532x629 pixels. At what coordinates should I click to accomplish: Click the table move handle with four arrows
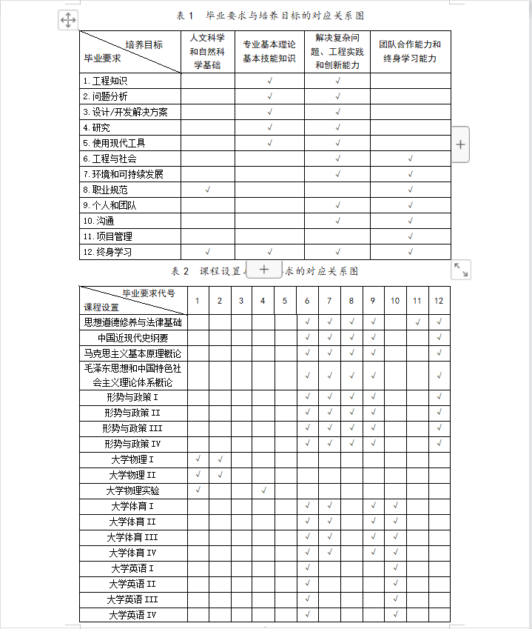click(67, 20)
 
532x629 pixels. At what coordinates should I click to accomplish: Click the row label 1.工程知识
click(105, 81)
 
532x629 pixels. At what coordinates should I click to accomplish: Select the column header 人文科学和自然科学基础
click(208, 51)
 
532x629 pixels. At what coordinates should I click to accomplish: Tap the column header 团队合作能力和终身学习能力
click(410, 51)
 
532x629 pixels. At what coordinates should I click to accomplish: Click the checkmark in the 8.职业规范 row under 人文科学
click(208, 190)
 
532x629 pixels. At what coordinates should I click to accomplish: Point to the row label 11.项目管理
click(108, 236)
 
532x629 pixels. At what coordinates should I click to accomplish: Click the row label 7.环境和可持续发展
click(123, 174)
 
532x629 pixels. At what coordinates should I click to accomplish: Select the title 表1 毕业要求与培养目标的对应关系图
click(271, 16)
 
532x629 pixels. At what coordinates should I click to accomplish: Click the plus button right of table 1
click(460, 144)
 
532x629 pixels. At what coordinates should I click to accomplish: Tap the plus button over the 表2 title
click(264, 270)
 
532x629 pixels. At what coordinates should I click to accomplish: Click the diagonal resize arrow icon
click(460, 270)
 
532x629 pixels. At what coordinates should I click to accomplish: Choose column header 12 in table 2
click(439, 300)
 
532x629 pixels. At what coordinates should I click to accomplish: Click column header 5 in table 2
click(285, 300)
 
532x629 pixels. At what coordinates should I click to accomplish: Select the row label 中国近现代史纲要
click(133, 338)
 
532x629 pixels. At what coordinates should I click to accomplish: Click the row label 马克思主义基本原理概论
click(133, 353)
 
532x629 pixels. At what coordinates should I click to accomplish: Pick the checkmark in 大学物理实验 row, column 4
click(263, 490)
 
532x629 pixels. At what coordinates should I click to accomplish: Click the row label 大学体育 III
click(133, 537)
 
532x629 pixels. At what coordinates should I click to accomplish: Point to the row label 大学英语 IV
click(133, 615)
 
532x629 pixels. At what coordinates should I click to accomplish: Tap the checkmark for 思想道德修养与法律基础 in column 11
click(417, 322)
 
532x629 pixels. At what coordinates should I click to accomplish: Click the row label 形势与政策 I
click(133, 397)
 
